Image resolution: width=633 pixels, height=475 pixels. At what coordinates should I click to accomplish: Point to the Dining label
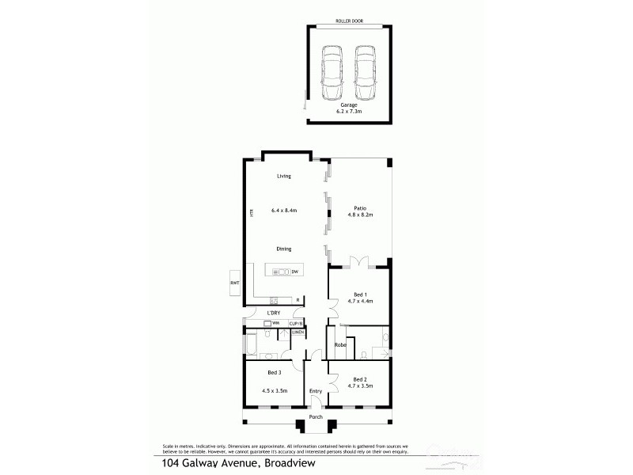pyautogui.click(x=283, y=249)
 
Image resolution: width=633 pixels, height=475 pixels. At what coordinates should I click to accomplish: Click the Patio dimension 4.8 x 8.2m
pyautogui.click(x=360, y=215)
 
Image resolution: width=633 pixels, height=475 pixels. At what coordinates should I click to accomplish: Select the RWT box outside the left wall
pyautogui.click(x=234, y=283)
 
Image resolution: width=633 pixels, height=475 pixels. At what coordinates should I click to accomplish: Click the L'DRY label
pyautogui.click(x=273, y=313)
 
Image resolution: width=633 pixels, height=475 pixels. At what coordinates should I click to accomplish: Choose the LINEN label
pyautogui.click(x=298, y=332)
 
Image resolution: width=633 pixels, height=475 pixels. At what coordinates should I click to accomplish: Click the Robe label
pyautogui.click(x=340, y=345)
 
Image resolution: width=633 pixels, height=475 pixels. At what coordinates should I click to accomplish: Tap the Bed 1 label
pyautogui.click(x=360, y=294)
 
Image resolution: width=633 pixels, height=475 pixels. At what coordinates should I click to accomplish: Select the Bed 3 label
pyautogui.click(x=275, y=372)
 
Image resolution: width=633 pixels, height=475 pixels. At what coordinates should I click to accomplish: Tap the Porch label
pyautogui.click(x=316, y=417)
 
